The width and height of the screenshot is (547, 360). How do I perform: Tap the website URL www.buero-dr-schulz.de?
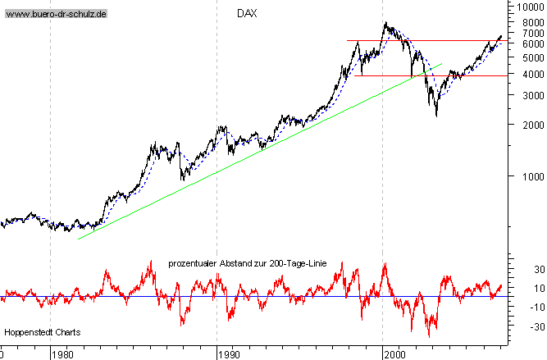(57, 15)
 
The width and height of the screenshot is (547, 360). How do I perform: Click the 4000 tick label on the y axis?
(522, 74)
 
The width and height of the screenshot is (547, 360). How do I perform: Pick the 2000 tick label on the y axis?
(522, 125)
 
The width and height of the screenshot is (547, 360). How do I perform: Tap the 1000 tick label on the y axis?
(522, 176)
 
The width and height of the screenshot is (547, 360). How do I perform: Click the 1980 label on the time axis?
(62, 354)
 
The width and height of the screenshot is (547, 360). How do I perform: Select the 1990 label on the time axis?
(229, 354)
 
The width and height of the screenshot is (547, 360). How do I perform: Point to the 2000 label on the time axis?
(395, 354)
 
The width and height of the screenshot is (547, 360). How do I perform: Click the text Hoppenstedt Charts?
(37, 332)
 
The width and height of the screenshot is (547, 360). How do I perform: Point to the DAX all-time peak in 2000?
(385, 23)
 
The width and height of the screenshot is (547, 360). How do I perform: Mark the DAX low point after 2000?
(435, 115)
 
